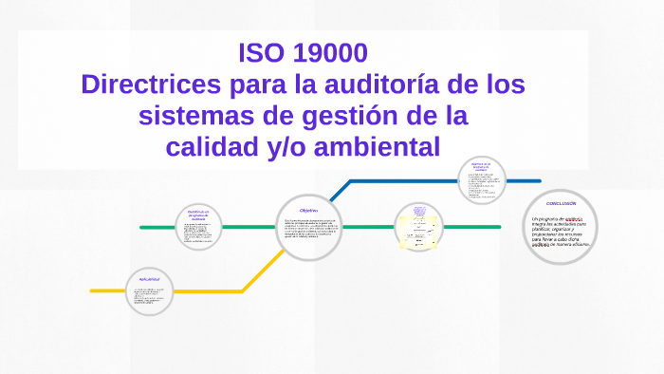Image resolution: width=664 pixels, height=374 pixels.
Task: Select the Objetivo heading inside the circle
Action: [308, 210]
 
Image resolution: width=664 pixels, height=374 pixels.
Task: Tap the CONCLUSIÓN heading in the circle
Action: [561, 204]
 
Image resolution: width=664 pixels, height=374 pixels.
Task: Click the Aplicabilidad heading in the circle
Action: [151, 279]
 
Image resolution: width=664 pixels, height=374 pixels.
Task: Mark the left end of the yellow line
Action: [92, 290]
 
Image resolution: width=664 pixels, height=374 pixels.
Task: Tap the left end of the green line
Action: [141, 228]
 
